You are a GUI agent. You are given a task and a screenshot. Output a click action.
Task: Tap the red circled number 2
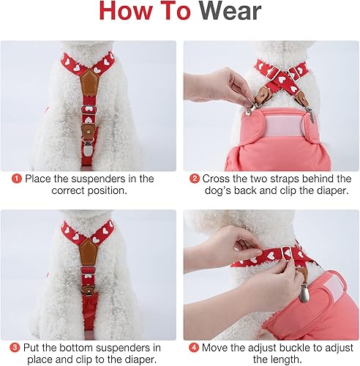(195, 179)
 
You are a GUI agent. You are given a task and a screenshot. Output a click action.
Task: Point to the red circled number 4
(195, 347)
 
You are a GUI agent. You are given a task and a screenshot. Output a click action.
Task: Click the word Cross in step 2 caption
(220, 179)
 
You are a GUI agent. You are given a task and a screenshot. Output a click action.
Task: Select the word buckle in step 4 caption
(297, 347)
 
